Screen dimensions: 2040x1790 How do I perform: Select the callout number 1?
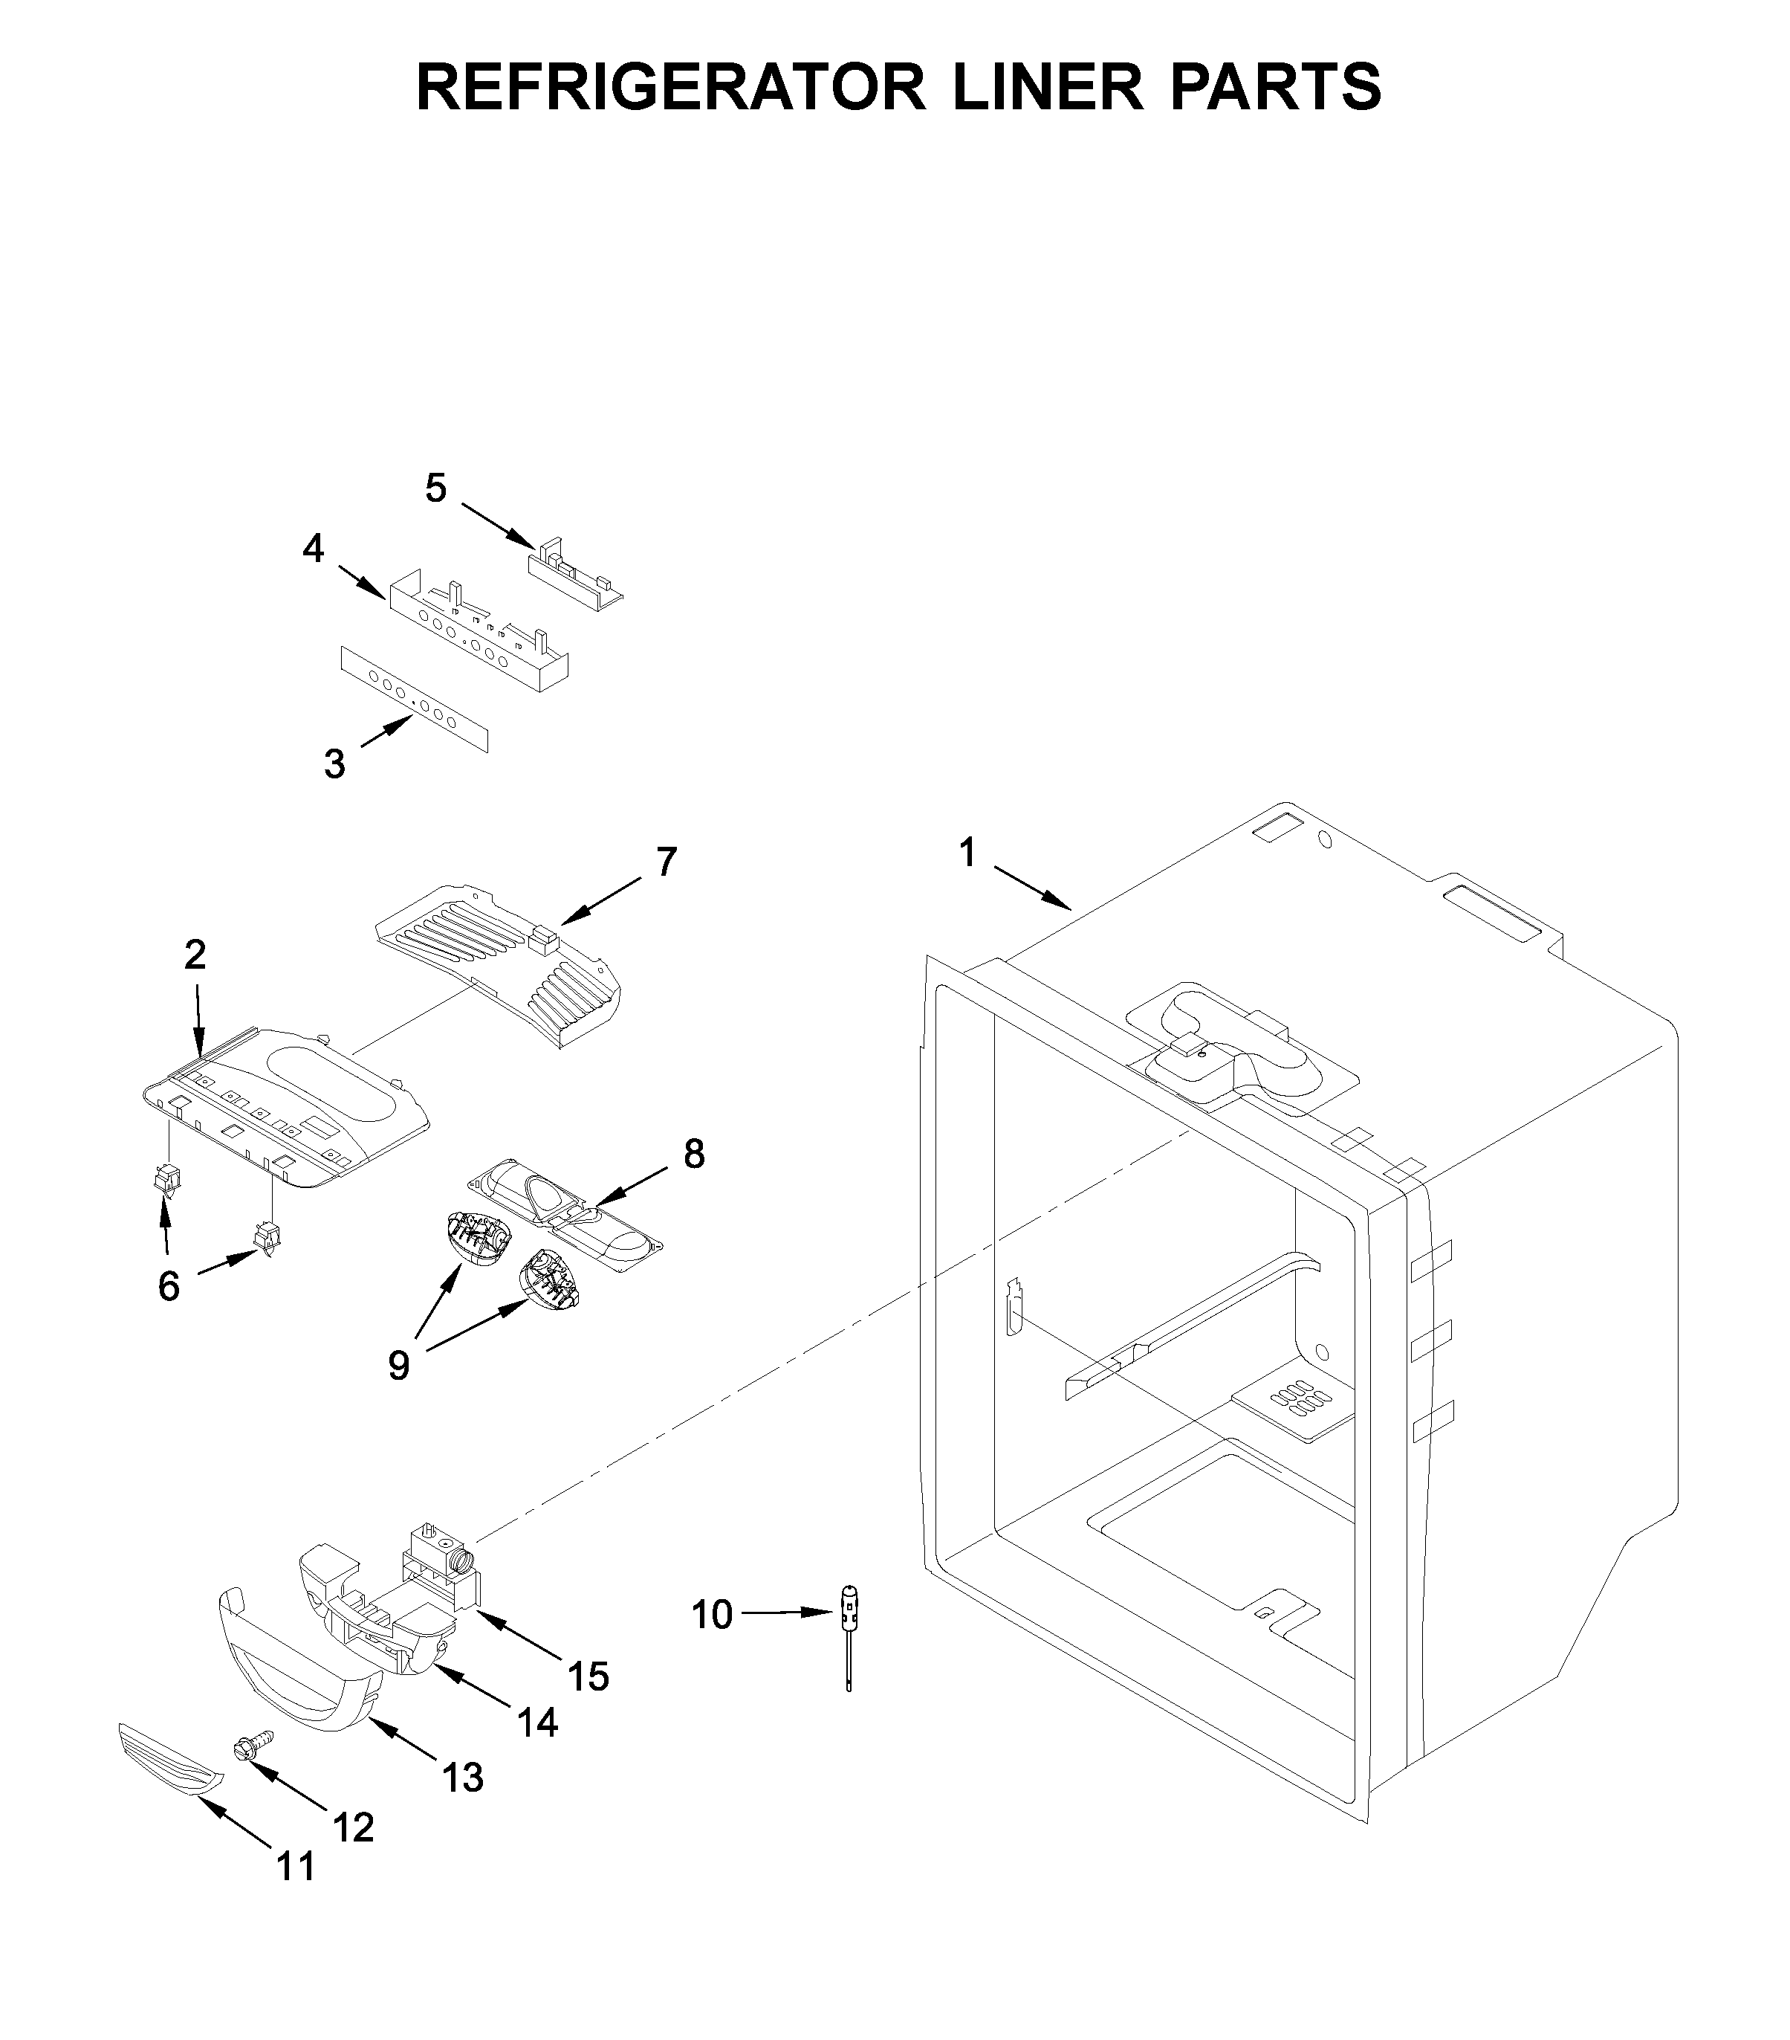coord(966,853)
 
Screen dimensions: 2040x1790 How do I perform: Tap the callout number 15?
coord(588,1676)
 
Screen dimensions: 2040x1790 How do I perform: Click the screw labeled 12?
coord(244,1746)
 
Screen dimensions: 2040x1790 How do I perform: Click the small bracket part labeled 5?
coord(574,579)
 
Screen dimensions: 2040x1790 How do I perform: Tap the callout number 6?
coord(169,1286)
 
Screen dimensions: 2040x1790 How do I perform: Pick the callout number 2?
coord(195,955)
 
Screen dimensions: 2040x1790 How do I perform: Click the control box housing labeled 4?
coord(479,633)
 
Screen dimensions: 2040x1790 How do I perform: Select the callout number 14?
coord(538,1723)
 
